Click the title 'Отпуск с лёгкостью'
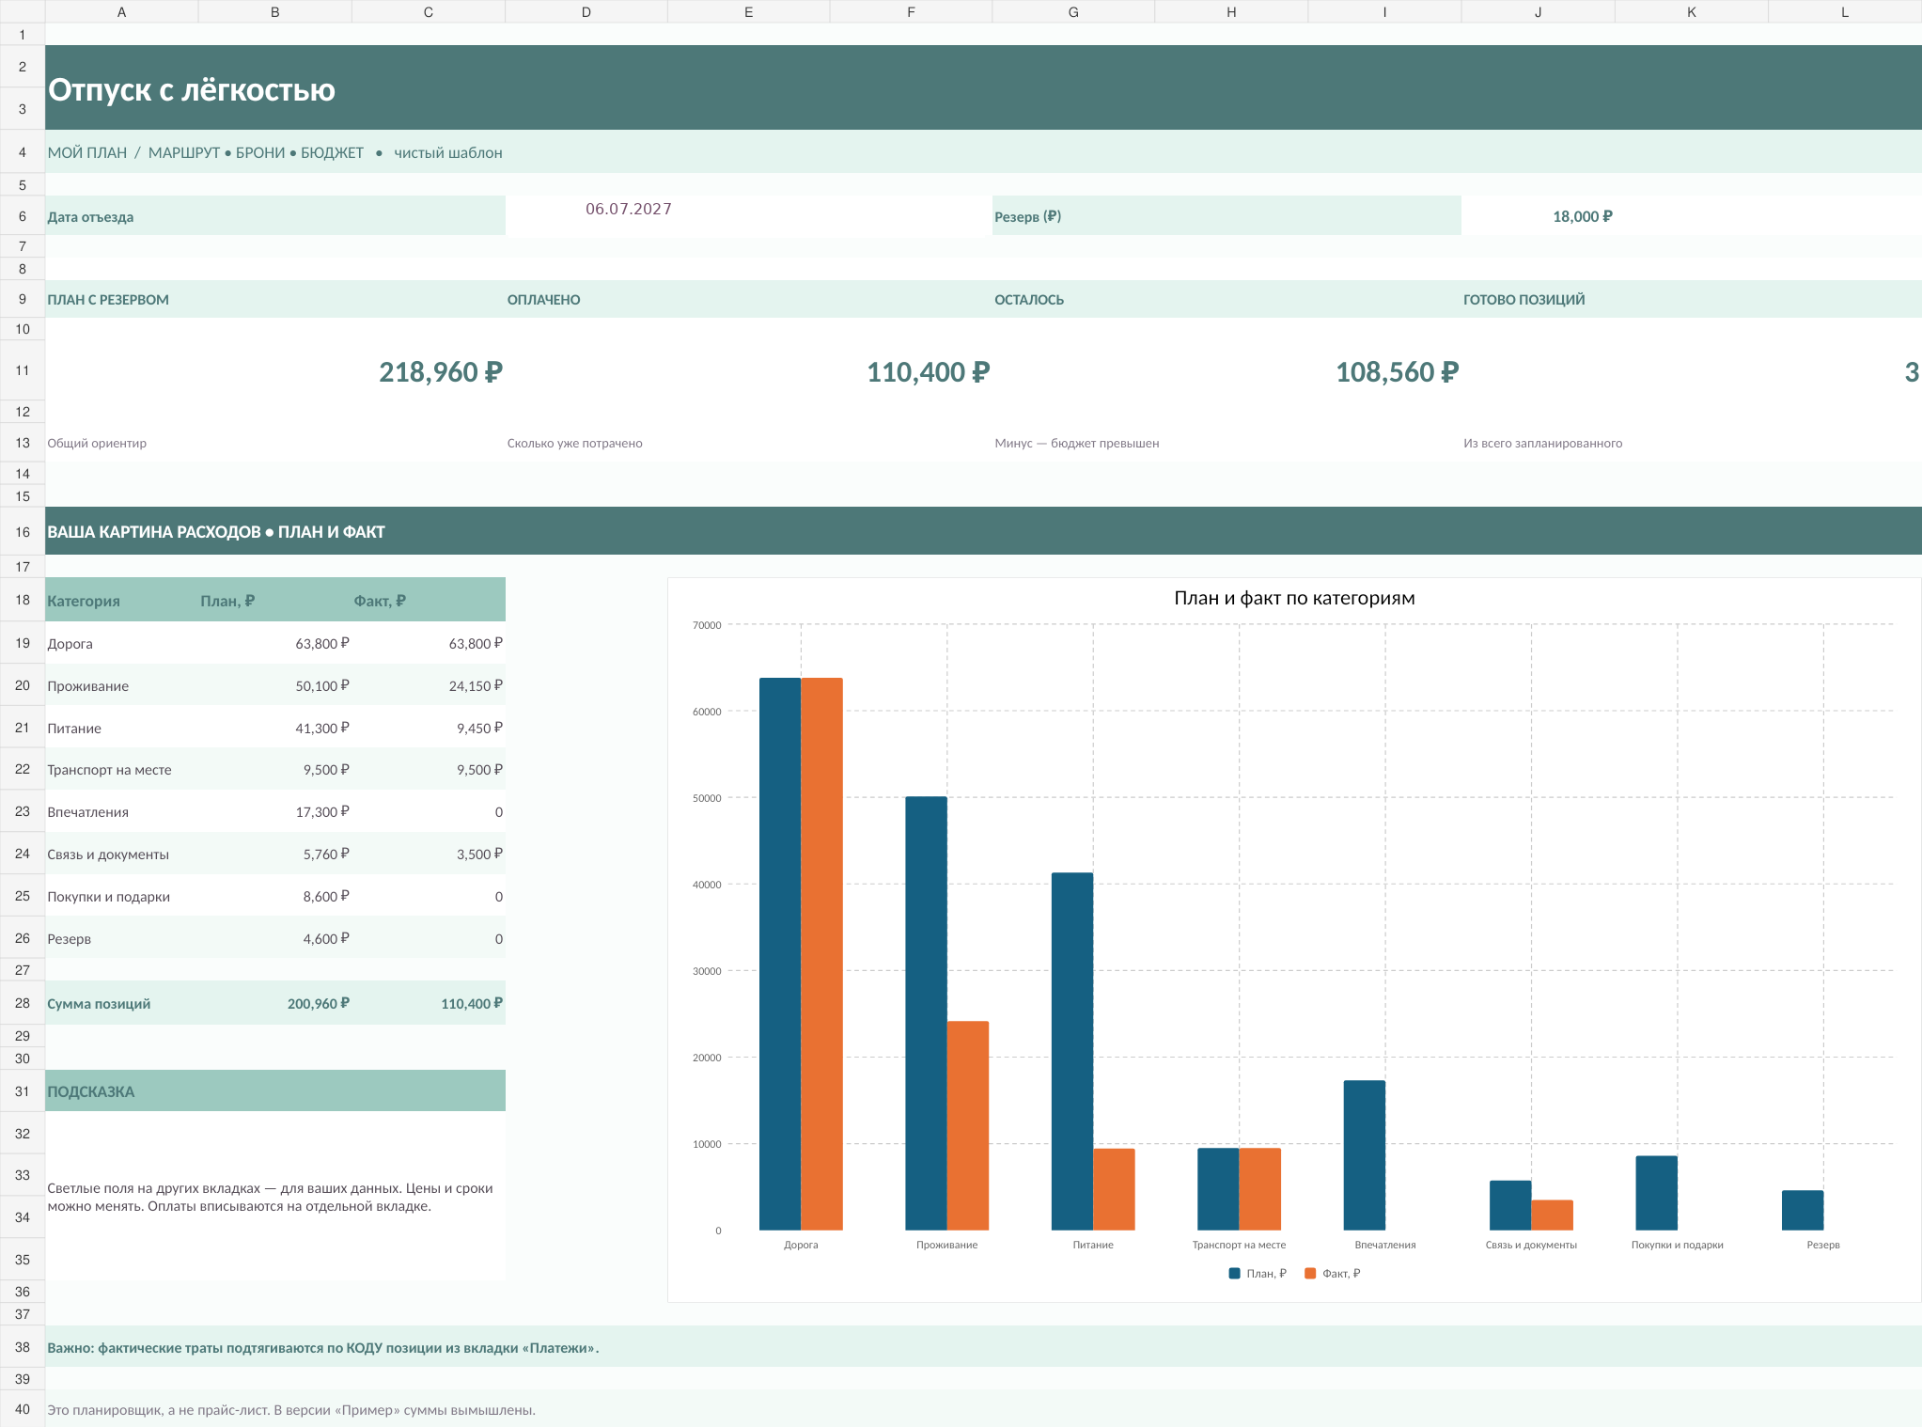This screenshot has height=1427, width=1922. click(192, 90)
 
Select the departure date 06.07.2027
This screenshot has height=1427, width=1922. click(629, 209)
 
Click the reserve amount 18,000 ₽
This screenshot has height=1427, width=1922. click(1583, 216)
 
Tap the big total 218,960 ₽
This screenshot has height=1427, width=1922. click(441, 372)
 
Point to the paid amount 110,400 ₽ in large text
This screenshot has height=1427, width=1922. click(929, 372)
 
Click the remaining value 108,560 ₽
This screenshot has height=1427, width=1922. click(1398, 372)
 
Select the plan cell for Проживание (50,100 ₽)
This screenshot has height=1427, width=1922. click(322, 686)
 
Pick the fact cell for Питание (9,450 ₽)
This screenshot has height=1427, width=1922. click(479, 729)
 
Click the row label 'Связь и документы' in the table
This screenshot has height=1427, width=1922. click(108, 855)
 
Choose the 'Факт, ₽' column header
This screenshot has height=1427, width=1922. click(380, 601)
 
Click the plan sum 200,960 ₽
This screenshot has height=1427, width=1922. click(319, 1004)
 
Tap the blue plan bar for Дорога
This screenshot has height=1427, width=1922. click(780, 954)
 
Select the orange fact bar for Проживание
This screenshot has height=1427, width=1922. click(968, 1125)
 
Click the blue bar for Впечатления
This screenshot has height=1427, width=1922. click(1365, 1155)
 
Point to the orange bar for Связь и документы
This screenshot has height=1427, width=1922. click(1552, 1215)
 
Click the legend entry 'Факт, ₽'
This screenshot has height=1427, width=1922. click(1333, 1274)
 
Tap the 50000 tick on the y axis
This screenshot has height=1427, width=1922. click(707, 798)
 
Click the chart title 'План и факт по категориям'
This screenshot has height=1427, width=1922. click(1294, 598)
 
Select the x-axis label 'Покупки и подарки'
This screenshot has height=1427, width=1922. click(1678, 1245)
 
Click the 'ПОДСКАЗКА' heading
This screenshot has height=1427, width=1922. click(91, 1091)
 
